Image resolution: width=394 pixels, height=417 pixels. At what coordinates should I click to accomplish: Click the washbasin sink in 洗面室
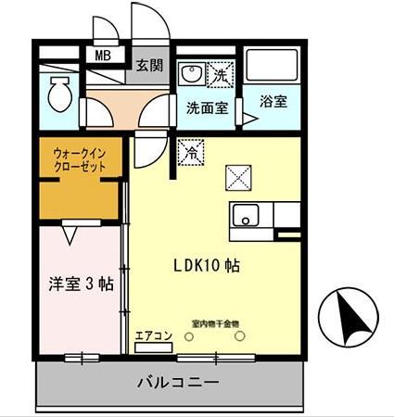192,74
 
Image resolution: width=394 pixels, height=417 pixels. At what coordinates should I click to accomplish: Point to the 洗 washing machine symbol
222,71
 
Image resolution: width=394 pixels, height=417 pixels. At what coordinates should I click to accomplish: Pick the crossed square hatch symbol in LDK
238,174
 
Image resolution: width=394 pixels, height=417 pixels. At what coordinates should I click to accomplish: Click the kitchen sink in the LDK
245,216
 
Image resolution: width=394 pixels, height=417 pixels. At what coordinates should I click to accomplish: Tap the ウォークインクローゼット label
79,159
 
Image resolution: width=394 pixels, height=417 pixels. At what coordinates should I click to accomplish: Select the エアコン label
153,335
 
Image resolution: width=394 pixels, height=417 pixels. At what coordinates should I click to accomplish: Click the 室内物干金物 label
215,323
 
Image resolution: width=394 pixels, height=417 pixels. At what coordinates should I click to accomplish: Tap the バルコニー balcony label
178,382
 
